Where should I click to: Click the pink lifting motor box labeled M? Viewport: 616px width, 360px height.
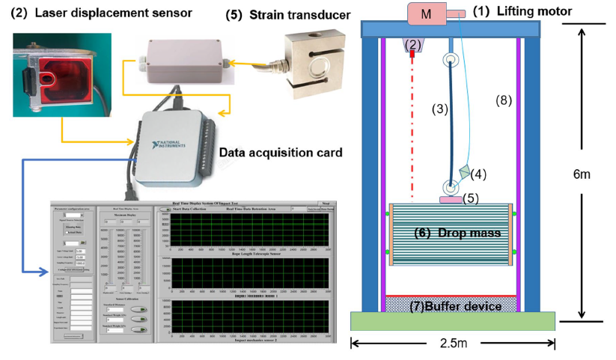(426, 13)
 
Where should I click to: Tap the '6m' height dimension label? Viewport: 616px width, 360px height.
(581, 174)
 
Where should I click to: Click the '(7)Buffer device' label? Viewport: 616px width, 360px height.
(451, 305)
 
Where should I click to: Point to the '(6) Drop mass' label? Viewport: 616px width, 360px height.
(457, 233)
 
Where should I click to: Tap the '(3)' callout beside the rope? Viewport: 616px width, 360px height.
(439, 109)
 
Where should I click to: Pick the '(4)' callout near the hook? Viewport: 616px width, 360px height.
(478, 174)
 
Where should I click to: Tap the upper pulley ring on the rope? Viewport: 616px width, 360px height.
(451, 60)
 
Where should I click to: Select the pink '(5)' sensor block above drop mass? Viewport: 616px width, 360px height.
(451, 199)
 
